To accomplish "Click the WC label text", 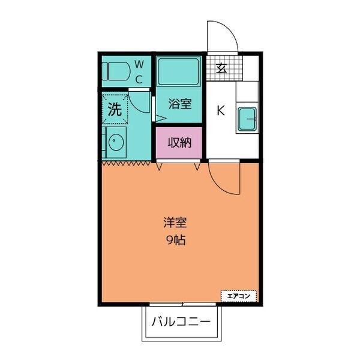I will click(138, 71).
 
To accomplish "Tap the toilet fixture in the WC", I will click(115, 71).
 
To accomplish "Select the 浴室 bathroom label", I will click(179, 104).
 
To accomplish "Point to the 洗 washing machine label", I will click(114, 109).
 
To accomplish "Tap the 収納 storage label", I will click(179, 143).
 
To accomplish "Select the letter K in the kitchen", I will click(220, 110).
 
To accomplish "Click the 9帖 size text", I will click(175, 239).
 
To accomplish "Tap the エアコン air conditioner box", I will click(239, 295).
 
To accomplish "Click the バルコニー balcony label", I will click(180, 322).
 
